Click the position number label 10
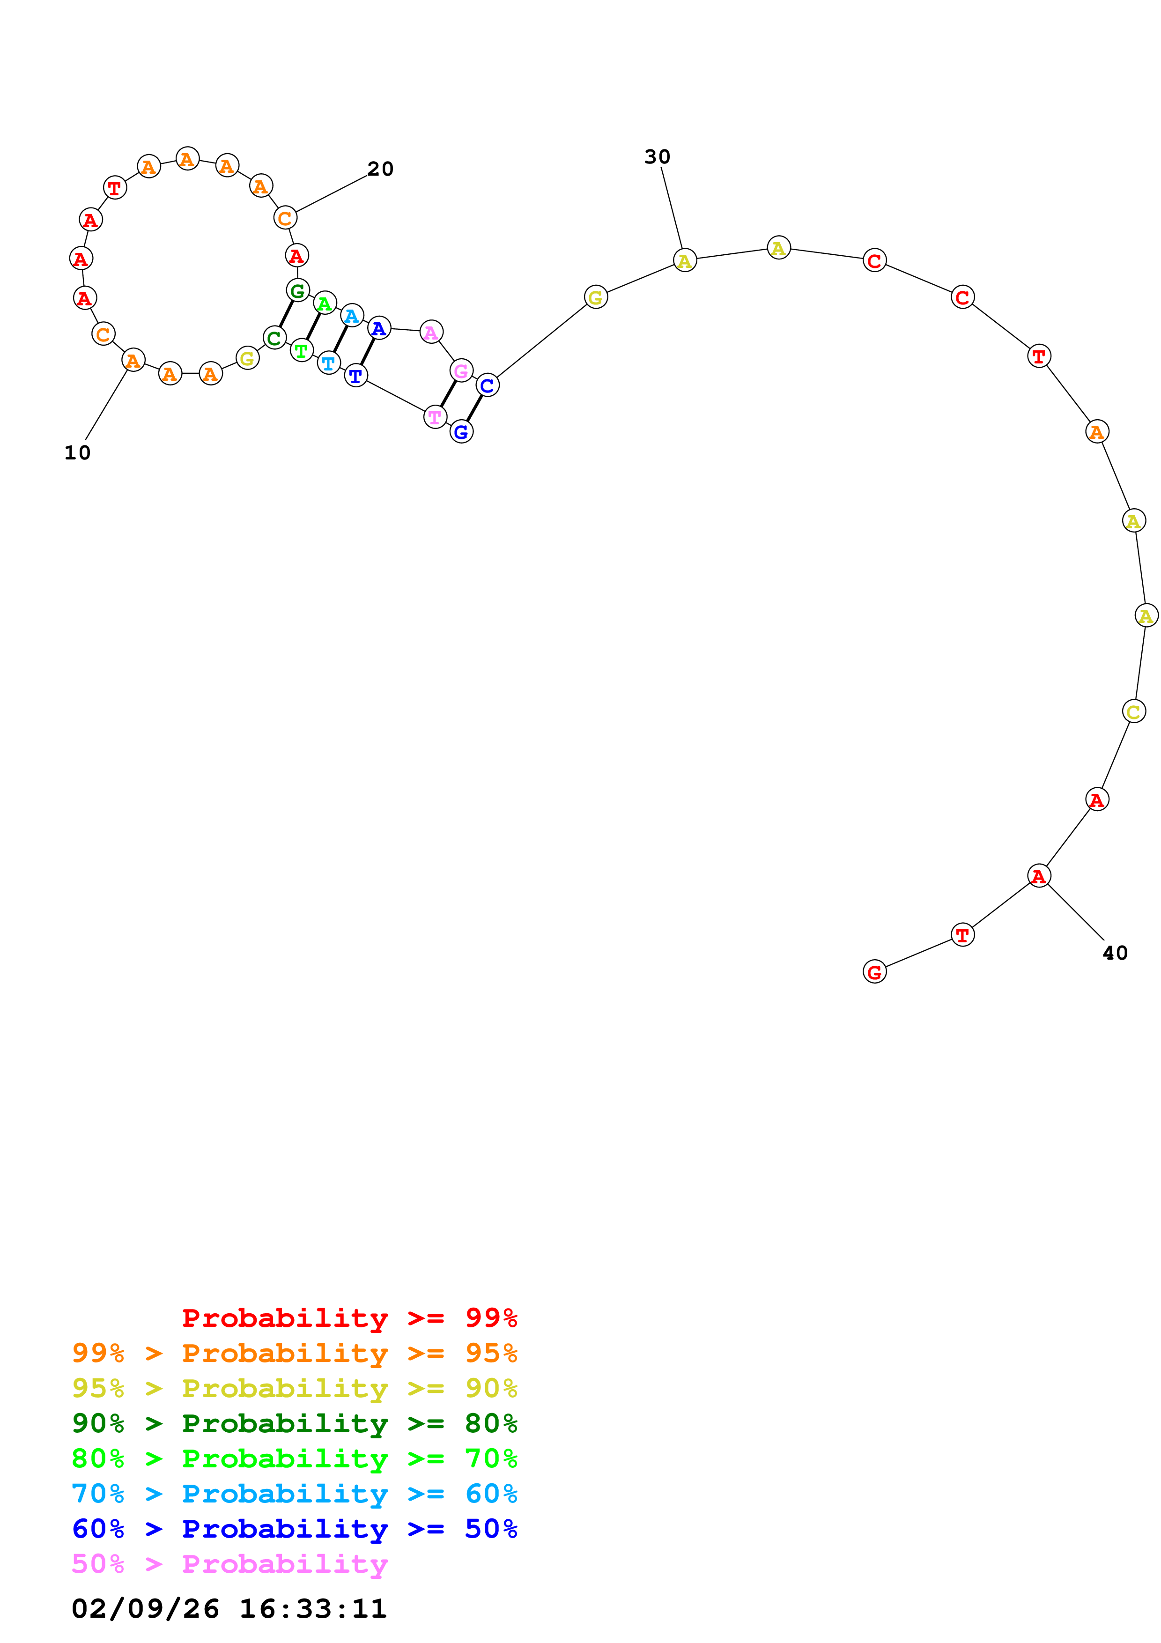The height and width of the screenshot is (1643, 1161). (77, 453)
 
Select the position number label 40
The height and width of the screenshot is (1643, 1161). (1115, 953)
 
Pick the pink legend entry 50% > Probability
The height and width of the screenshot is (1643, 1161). (229, 1564)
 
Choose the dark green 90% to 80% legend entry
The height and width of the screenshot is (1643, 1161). (294, 1423)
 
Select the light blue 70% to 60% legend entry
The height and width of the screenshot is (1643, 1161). (294, 1494)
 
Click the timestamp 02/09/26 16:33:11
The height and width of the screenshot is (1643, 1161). (229, 1609)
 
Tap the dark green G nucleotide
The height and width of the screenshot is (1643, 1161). (297, 290)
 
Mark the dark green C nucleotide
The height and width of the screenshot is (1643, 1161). (274, 338)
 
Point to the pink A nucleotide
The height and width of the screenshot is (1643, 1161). (431, 332)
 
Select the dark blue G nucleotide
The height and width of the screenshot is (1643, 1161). (461, 431)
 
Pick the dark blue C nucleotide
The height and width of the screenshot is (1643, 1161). (487, 385)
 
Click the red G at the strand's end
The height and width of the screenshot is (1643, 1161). (874, 972)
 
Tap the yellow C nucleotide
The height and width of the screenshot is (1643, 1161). (1134, 711)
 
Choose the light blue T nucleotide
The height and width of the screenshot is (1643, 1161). (328, 363)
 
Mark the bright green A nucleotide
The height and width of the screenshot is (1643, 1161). (325, 303)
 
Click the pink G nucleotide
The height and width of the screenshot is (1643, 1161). (461, 370)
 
